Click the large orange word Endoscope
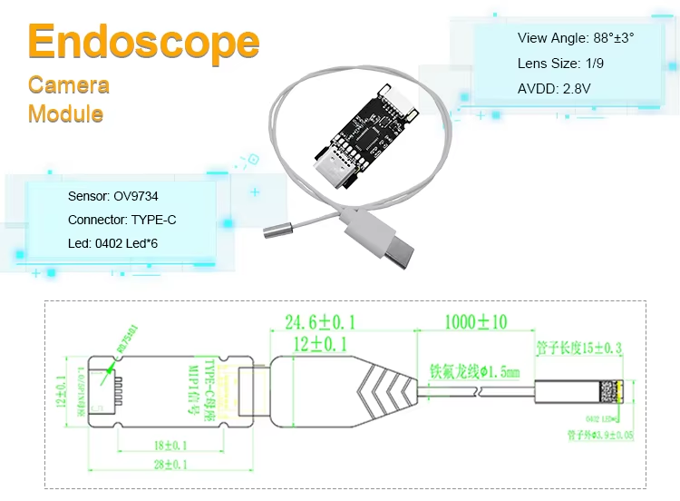[144, 43]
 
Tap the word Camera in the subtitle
[69, 85]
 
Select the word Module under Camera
[65, 114]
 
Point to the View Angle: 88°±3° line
[576, 38]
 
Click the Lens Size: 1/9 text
[553, 64]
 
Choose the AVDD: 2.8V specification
[554, 89]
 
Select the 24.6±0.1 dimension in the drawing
[319, 322]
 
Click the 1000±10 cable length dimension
[476, 322]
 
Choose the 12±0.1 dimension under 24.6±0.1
[319, 343]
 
